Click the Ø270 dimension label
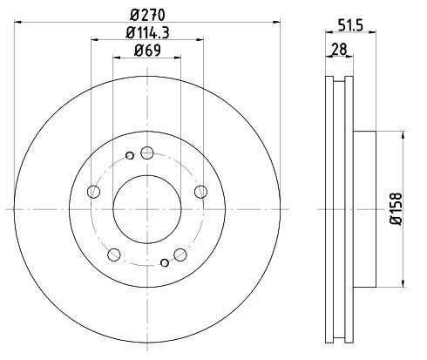pos(147,15)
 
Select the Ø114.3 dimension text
pos(147,32)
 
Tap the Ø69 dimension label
pos(147,51)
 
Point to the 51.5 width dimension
pos(350,25)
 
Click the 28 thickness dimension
pos(339,49)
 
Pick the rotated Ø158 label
pos(396,208)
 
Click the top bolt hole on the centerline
pos(147,153)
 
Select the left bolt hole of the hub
pos(93,192)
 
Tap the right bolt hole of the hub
pos(200,192)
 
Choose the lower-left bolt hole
pos(114,255)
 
